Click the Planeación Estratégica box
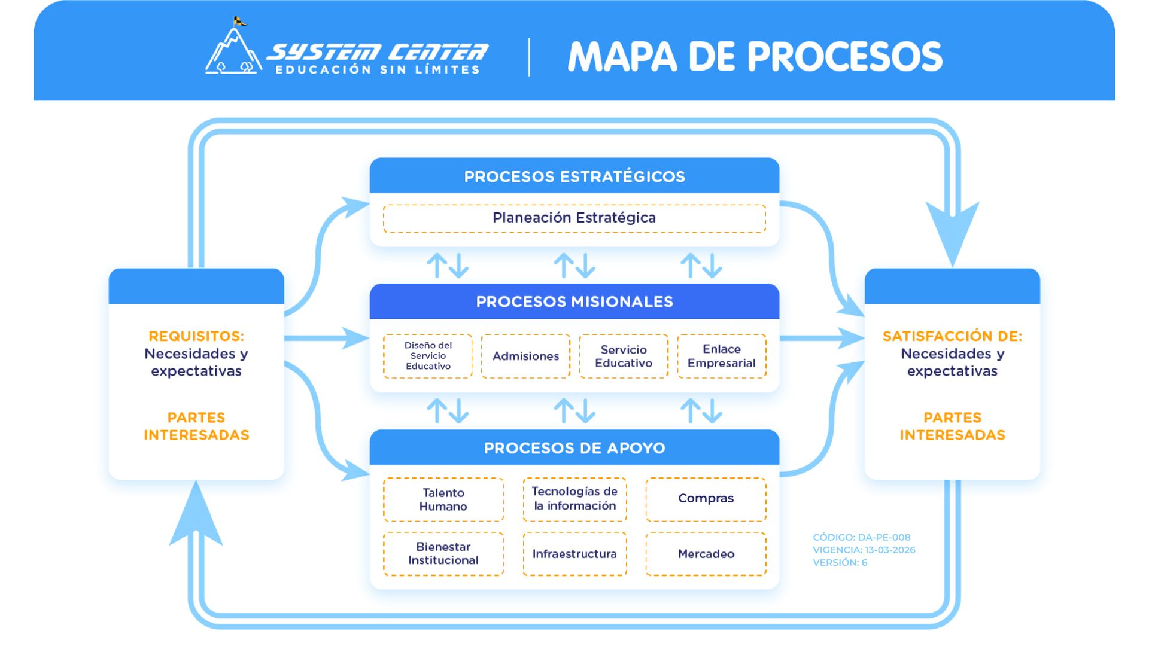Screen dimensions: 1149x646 click(x=574, y=218)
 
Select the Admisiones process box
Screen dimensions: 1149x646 click(x=525, y=356)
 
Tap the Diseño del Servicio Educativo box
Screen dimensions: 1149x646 click(x=428, y=356)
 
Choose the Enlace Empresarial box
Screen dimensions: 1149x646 click(x=722, y=356)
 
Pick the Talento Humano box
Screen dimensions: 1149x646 click(x=443, y=499)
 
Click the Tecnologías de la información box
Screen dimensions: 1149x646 click(x=574, y=499)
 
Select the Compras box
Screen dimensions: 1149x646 click(x=706, y=499)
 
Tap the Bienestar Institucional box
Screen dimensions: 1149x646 click(x=443, y=554)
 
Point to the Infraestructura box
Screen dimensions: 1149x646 click(x=574, y=554)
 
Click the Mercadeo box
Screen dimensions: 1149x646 click(x=706, y=554)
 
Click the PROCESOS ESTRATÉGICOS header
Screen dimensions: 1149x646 click(x=574, y=176)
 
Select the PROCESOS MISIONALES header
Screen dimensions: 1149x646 click(x=574, y=301)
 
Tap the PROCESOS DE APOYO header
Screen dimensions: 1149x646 click(x=574, y=447)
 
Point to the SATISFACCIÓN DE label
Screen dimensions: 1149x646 click(x=952, y=336)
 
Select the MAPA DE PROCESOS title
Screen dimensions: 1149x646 click(x=755, y=57)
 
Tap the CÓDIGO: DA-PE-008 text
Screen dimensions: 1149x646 click(x=862, y=537)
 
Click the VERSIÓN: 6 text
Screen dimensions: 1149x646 click(x=840, y=562)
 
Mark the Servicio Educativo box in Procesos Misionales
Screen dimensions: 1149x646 click(x=624, y=356)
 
